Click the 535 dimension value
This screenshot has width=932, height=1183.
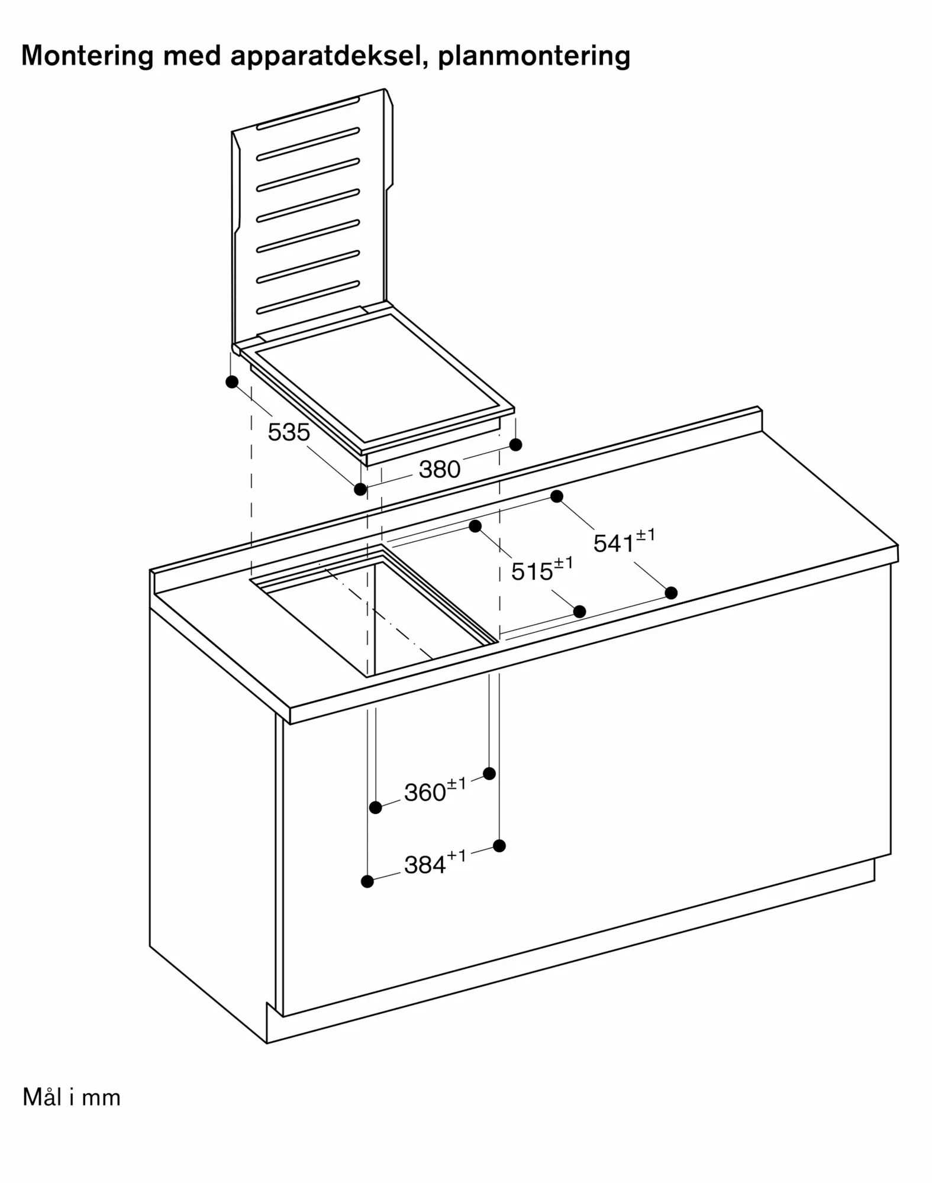click(x=289, y=432)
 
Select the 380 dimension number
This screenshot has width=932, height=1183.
click(x=440, y=470)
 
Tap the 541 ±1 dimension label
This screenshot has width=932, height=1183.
click(x=624, y=541)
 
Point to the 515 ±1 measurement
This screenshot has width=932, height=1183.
click(x=542, y=569)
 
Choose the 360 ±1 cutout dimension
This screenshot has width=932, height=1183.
click(x=435, y=790)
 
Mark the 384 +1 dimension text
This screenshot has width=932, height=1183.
click(x=435, y=863)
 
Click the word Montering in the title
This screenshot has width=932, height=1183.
click(x=88, y=56)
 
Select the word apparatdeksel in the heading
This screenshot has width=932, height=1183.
click(x=329, y=56)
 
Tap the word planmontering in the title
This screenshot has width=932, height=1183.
click(x=534, y=56)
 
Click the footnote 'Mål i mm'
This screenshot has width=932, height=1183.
click(x=72, y=1097)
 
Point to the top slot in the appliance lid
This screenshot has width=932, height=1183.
click(x=308, y=113)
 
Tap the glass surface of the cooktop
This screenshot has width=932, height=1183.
click(x=379, y=378)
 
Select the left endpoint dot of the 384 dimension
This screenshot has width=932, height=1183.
click(x=367, y=881)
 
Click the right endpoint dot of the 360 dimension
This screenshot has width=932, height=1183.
click(x=489, y=773)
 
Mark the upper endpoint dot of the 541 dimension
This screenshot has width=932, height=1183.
click(x=556, y=496)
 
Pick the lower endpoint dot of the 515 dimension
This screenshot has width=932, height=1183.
click(x=579, y=612)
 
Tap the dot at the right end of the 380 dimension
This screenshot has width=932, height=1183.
click(x=515, y=444)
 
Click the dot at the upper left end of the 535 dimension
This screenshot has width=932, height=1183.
click(x=232, y=382)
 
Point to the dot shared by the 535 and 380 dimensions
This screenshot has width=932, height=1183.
click(x=360, y=489)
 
